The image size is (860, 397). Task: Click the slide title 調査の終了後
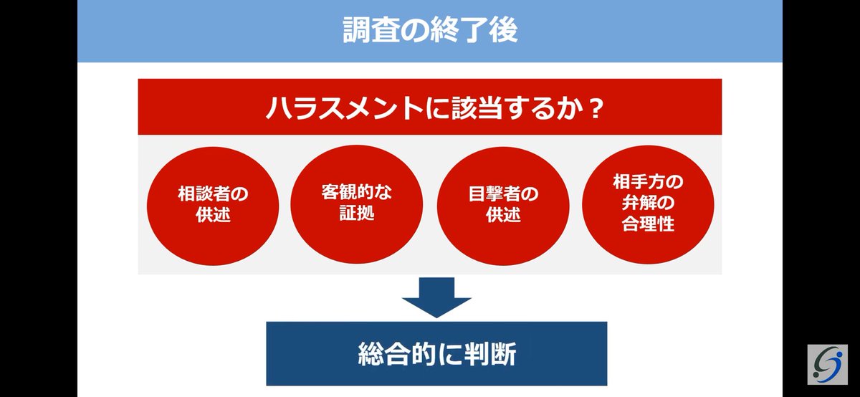[x=429, y=30]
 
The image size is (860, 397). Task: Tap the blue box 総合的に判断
[x=436, y=354]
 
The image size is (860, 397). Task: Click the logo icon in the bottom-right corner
[x=827, y=364]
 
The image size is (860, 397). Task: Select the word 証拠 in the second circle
[x=356, y=213]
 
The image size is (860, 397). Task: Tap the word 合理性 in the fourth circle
[x=648, y=224]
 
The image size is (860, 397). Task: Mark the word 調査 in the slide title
[x=365, y=30]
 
